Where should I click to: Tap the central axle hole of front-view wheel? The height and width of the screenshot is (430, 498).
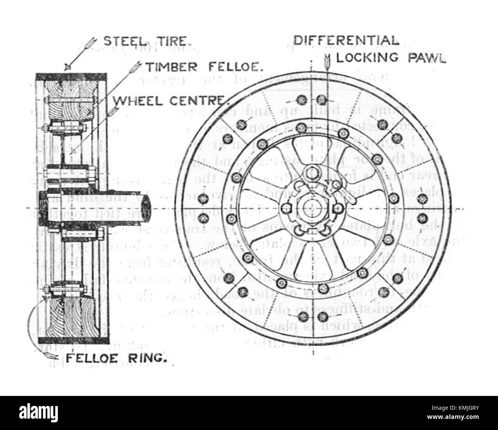pyautogui.click(x=311, y=207)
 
